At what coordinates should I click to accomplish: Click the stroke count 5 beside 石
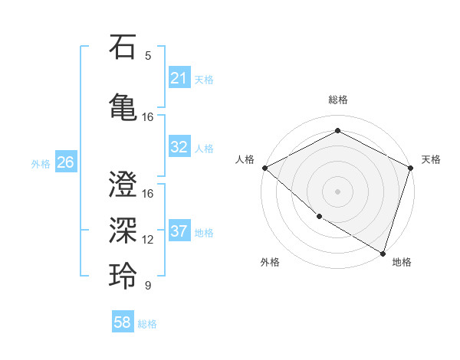point(148,56)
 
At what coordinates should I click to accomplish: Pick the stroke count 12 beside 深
point(148,240)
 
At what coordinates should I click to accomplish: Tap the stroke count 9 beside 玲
point(148,286)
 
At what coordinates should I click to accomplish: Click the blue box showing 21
point(179,78)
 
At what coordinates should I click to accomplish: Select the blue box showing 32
point(179,148)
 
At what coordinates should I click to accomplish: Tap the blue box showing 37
point(179,231)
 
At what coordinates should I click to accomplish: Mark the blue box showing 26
point(65,162)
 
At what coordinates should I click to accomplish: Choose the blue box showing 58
point(123,323)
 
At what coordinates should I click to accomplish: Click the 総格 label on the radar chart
point(337,100)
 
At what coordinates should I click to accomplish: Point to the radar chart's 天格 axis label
point(431,159)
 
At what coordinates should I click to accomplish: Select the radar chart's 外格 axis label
point(270,262)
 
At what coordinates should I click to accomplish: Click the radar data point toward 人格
point(264,168)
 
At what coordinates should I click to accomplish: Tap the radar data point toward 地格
point(383,252)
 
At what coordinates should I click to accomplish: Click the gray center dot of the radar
point(337,191)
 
